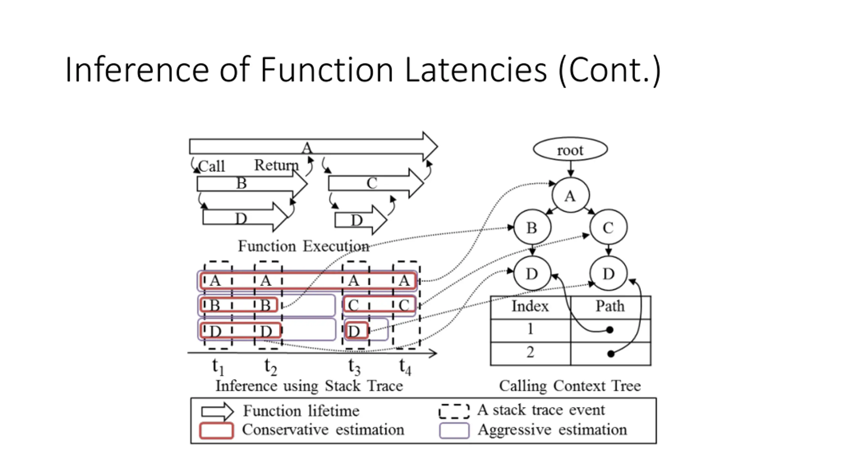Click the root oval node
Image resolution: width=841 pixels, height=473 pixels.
point(570,149)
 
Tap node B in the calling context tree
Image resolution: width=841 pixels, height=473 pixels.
point(532,227)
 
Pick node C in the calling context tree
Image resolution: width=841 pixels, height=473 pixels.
point(608,227)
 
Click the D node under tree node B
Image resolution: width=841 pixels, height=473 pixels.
point(532,273)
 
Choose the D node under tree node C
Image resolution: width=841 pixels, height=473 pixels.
point(608,273)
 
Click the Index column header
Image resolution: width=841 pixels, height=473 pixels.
point(530,306)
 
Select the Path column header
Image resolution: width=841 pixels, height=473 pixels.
point(610,306)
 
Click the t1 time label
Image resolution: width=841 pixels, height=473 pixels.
point(218,367)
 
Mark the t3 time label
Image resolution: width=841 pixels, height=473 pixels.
point(354,367)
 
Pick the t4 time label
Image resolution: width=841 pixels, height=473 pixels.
point(405,367)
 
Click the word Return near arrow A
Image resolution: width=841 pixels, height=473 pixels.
point(277,165)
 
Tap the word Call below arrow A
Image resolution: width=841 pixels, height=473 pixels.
point(212,166)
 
